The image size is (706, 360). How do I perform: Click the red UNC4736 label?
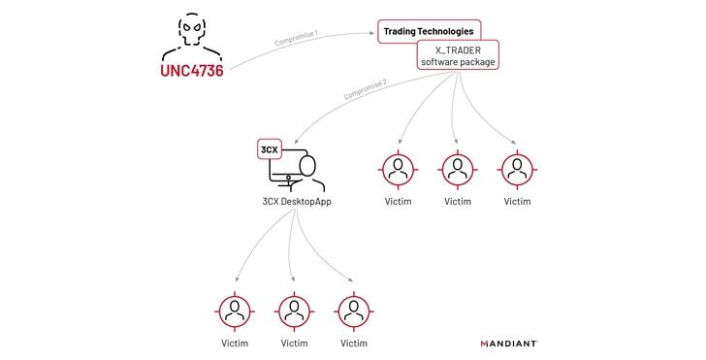(191, 71)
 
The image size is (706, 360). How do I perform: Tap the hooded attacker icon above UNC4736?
(191, 36)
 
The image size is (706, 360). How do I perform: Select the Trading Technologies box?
(428, 32)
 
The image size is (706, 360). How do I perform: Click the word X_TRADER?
(457, 49)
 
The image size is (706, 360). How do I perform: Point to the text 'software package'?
(457, 63)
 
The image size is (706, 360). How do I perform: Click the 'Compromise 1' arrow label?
(297, 40)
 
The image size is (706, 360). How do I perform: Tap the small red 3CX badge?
(269, 149)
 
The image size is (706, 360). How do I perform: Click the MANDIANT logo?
(509, 343)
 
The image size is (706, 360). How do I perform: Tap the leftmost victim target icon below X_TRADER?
(397, 170)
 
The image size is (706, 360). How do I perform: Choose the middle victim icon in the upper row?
(457, 170)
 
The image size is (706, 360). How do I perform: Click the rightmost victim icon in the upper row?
(518, 170)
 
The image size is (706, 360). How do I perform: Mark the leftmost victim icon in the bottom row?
(234, 311)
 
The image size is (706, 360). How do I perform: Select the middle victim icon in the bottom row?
(294, 311)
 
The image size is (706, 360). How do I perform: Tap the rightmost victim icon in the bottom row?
(353, 311)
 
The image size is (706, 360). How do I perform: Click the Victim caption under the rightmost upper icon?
(518, 202)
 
